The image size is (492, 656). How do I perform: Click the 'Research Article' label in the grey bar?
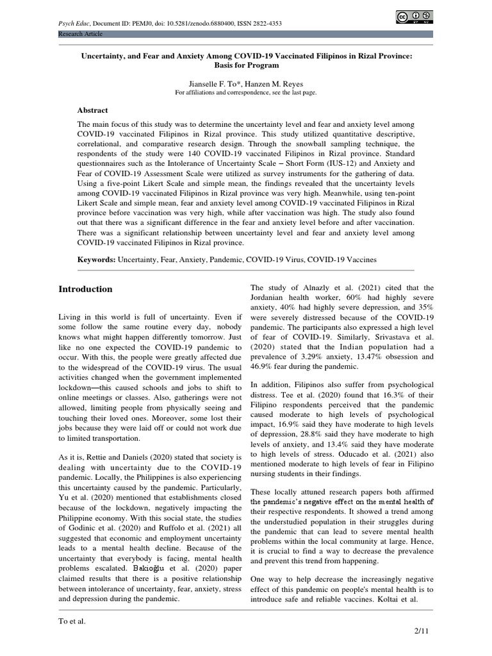tap(80, 33)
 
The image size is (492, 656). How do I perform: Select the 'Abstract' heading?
tap(93, 110)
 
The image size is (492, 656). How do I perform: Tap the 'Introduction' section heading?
tap(85, 289)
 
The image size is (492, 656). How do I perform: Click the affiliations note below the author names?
tap(246, 92)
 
